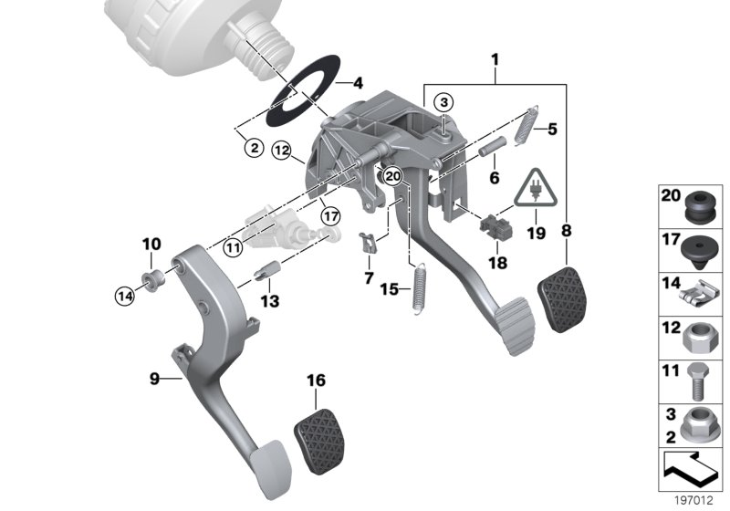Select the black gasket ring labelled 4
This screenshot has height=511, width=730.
click(301, 94)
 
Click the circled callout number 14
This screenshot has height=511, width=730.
click(123, 294)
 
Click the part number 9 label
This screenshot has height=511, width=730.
click(153, 378)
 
